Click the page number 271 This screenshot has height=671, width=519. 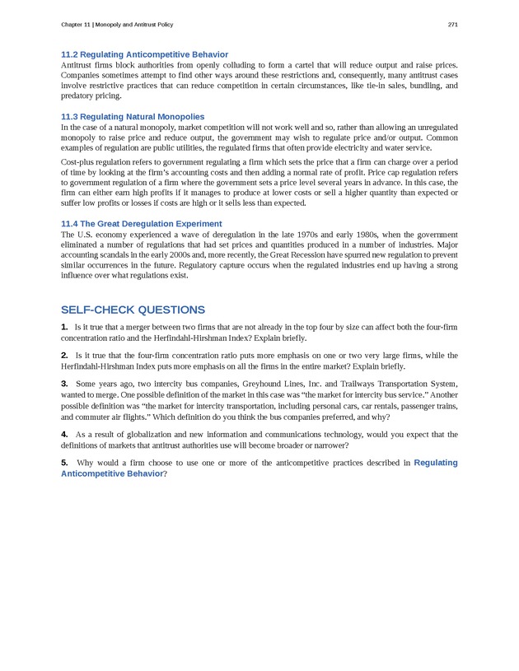click(x=452, y=25)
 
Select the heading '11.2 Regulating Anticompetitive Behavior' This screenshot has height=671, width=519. click(x=144, y=54)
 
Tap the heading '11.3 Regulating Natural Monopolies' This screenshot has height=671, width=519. click(x=133, y=117)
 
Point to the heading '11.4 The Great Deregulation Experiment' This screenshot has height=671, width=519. click(x=141, y=223)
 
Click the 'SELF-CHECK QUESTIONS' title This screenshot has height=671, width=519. click(x=133, y=310)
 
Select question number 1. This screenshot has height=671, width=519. click(x=64, y=328)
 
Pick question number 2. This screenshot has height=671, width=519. click(x=64, y=356)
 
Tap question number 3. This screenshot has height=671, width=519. click(x=64, y=384)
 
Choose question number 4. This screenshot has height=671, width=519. click(x=64, y=434)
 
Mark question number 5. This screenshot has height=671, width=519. click(x=64, y=463)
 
